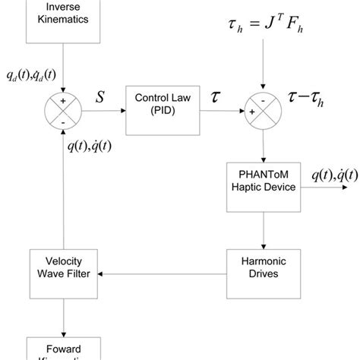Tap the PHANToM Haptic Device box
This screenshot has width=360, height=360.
coord(263,186)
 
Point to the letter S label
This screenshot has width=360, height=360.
coord(99,97)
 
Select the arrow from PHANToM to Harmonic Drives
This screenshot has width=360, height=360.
coord(263,232)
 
